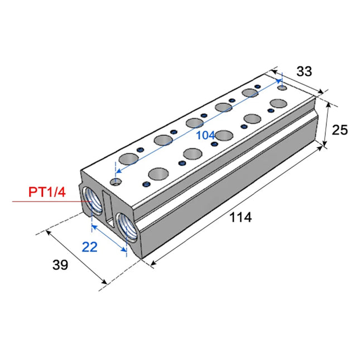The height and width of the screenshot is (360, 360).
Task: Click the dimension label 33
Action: coord(304,71)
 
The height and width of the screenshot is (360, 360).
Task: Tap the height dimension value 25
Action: coord(339,130)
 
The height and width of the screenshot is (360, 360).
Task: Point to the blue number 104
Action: coord(205,136)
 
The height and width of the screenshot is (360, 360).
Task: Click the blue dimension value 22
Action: coord(90,246)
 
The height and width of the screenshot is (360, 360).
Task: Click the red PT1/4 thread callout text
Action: coord(47,193)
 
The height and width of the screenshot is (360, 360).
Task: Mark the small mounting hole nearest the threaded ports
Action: coord(116,182)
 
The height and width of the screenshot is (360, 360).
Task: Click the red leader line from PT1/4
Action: coord(45,201)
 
